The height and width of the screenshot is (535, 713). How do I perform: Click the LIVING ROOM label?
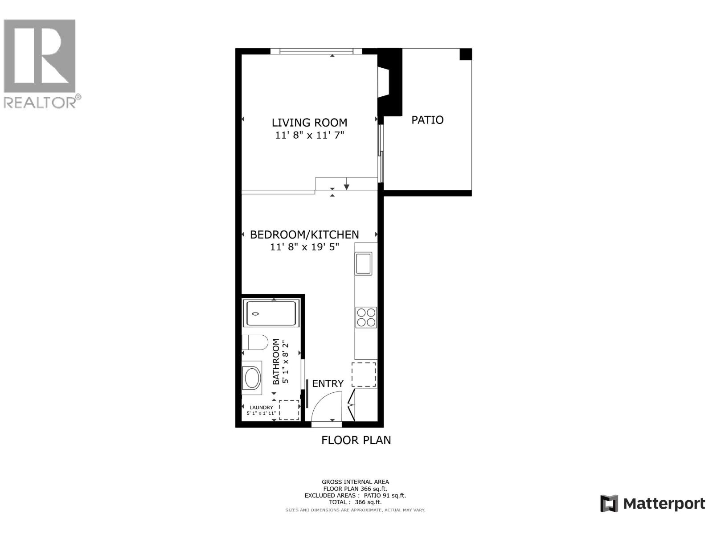[309, 123]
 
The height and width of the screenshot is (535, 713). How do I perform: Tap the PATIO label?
[427, 120]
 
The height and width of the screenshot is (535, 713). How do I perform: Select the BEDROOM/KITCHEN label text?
[304, 235]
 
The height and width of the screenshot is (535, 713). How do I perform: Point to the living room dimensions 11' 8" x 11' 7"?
[309, 135]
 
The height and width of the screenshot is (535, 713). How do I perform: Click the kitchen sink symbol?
[363, 263]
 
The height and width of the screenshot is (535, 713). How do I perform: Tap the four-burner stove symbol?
[366, 317]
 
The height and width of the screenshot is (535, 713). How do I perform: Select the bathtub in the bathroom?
[270, 313]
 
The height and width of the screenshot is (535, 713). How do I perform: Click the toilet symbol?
[254, 343]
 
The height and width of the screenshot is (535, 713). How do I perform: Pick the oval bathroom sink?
[252, 378]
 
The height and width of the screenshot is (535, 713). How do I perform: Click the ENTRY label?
[328, 383]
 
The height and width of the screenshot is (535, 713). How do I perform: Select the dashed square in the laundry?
[289, 410]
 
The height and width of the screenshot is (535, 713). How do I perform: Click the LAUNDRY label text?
[261, 407]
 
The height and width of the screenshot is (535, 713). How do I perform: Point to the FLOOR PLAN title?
[356, 440]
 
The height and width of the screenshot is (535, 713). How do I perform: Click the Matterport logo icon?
[609, 503]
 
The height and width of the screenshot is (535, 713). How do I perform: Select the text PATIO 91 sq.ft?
[385, 495]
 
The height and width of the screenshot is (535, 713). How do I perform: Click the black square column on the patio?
[465, 54]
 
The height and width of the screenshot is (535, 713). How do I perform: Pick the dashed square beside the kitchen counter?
[364, 374]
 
